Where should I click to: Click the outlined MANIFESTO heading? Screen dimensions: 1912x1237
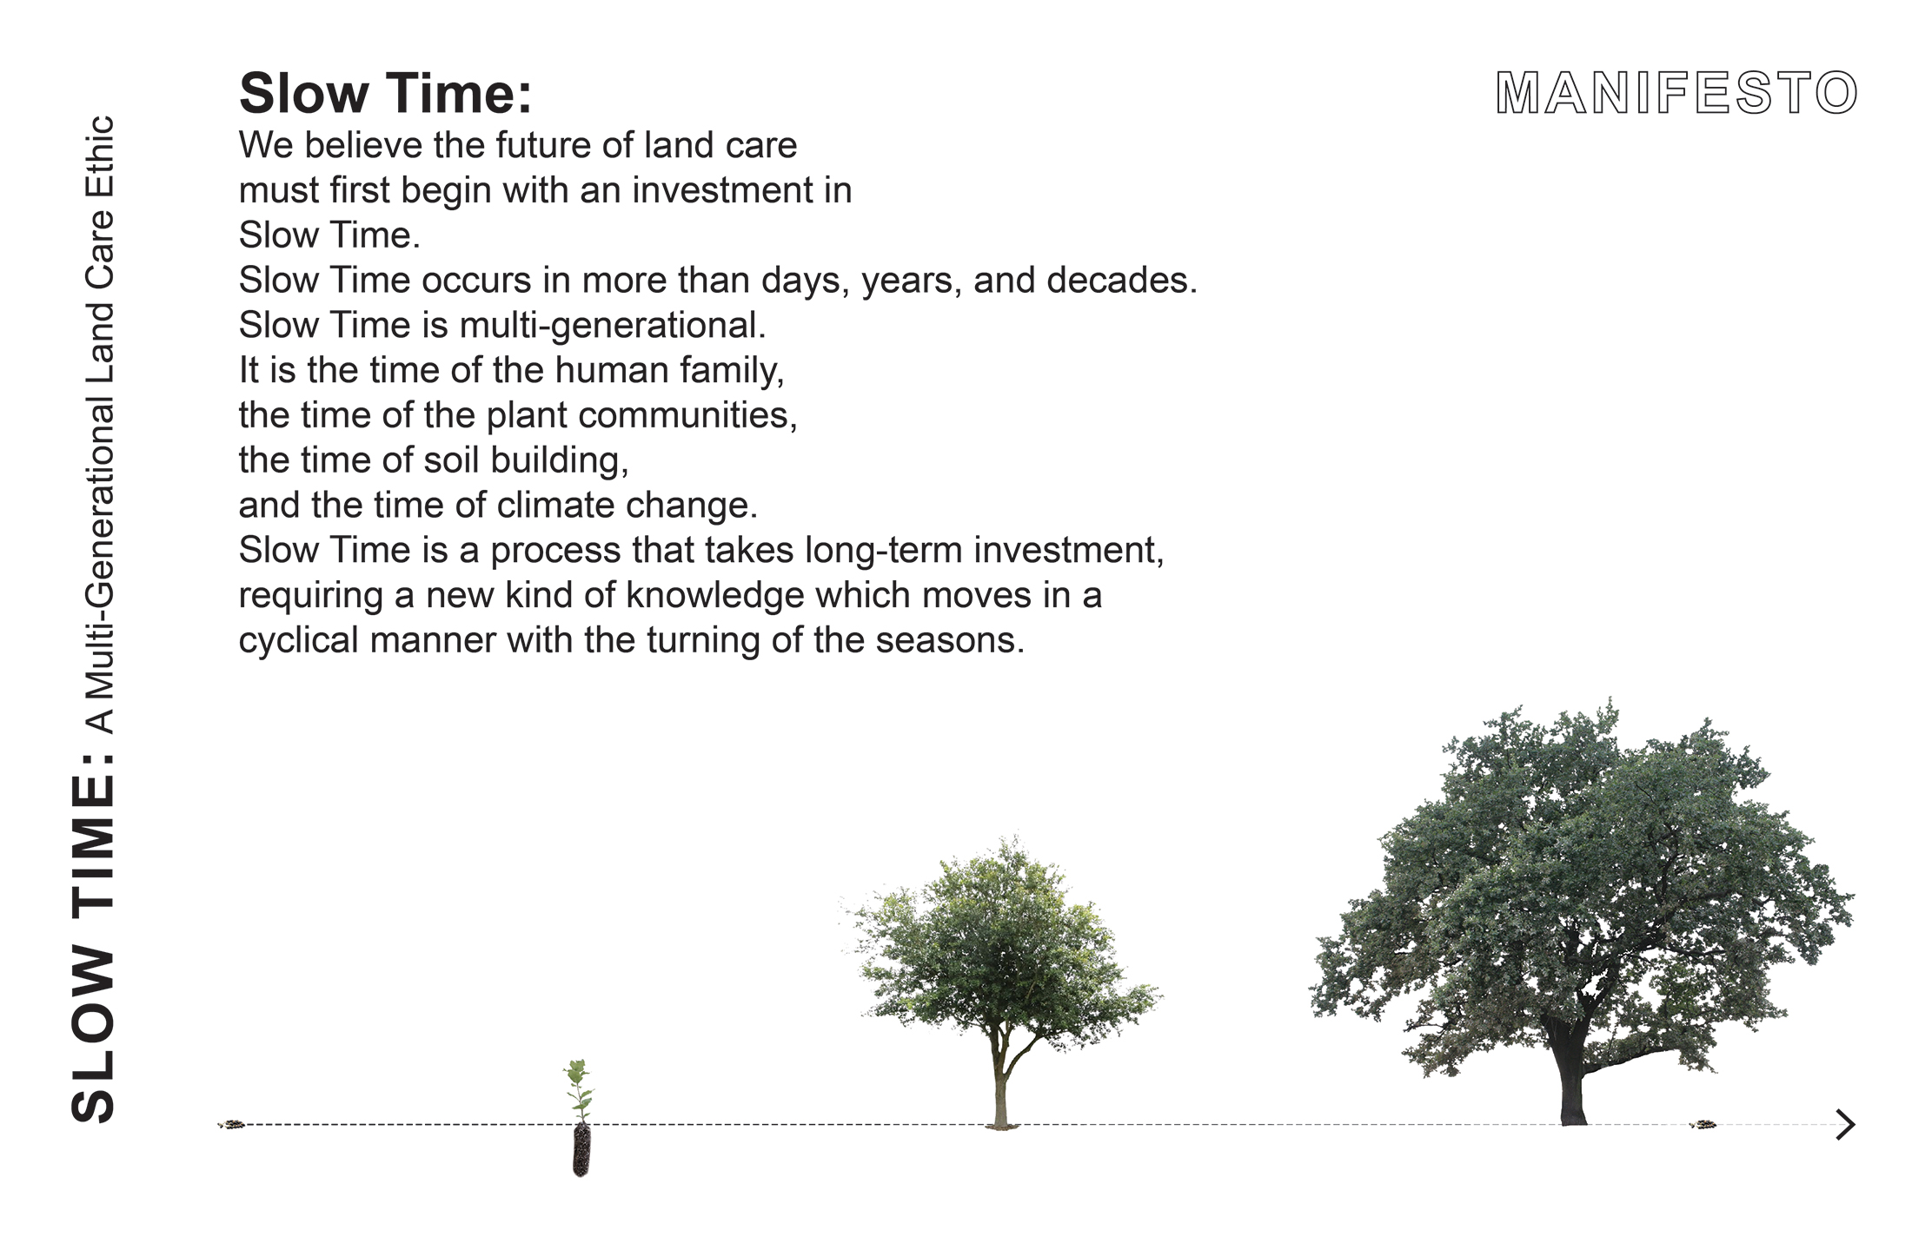1676,93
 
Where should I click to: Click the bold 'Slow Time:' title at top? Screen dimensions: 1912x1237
385,93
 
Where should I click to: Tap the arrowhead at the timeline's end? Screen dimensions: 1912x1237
1845,1124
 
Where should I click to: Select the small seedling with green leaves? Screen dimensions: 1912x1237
579,1090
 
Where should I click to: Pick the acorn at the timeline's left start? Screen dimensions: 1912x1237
233,1124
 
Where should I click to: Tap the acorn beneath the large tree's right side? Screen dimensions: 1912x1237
1703,1125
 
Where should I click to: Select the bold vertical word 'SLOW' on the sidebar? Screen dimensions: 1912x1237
92,1035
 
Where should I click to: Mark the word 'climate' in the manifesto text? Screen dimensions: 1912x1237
556,506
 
